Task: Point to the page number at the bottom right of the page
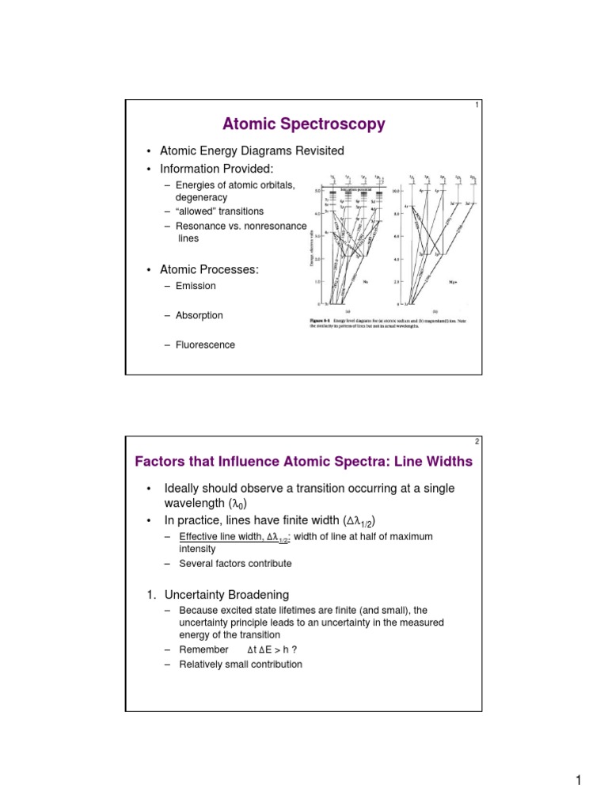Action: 579,782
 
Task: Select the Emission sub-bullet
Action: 195,286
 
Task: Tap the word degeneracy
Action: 201,197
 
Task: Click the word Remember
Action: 203,649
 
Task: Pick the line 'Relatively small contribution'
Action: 241,664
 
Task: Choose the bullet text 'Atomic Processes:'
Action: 209,270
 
